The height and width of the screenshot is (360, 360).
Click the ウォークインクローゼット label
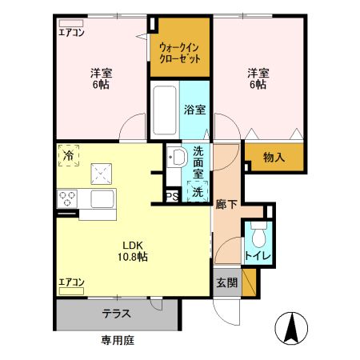point(179,53)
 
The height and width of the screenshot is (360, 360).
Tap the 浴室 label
point(194,110)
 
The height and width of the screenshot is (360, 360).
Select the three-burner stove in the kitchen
point(66,198)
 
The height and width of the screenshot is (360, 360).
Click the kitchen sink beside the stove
point(103,198)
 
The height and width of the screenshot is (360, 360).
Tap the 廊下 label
point(226,204)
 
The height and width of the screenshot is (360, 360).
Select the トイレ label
point(258,256)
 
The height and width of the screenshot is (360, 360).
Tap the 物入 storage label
point(274,158)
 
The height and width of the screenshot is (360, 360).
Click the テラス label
point(117,314)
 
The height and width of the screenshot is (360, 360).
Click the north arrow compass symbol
point(292,329)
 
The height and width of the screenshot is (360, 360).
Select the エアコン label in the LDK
point(71,282)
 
